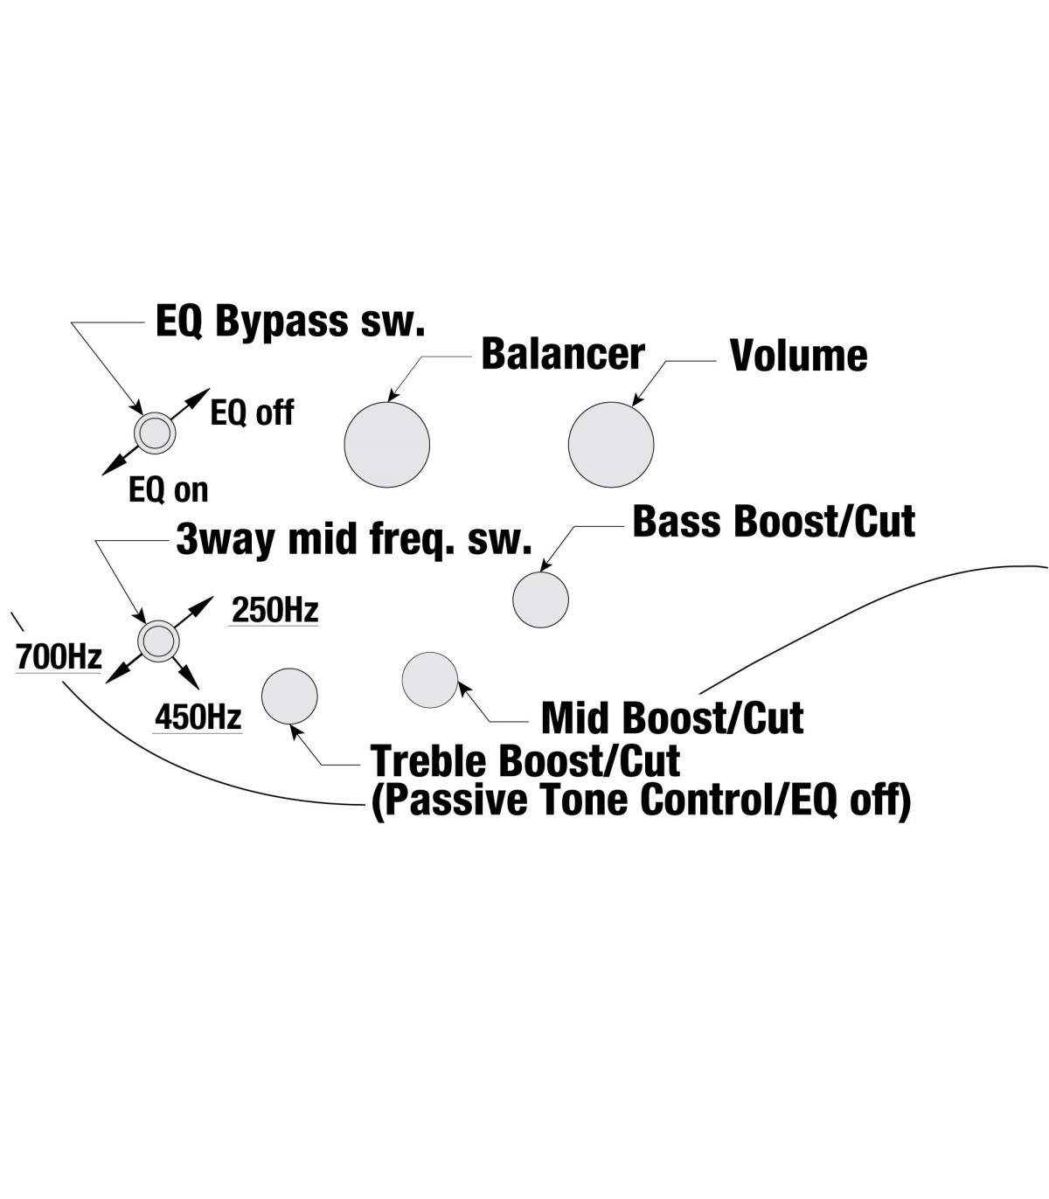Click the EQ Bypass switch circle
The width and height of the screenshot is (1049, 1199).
(x=155, y=432)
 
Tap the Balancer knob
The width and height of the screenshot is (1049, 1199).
(x=387, y=444)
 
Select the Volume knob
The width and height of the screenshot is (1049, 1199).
(x=611, y=444)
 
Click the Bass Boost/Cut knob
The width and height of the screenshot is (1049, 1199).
(x=540, y=599)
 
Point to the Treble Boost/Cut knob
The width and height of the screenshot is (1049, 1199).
(x=289, y=697)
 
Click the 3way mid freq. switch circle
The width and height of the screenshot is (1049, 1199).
(x=158, y=640)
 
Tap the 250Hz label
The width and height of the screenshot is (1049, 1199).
(x=274, y=610)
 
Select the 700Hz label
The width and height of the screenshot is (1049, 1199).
(x=59, y=656)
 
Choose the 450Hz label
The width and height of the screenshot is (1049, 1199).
(x=198, y=717)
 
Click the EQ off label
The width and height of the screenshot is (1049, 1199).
(x=252, y=412)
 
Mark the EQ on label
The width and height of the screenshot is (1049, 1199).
(x=169, y=489)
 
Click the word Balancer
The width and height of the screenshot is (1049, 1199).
(x=563, y=354)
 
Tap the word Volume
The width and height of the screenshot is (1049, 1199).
(x=798, y=356)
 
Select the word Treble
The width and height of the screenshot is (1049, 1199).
(x=427, y=761)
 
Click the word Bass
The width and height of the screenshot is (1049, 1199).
(x=676, y=522)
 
